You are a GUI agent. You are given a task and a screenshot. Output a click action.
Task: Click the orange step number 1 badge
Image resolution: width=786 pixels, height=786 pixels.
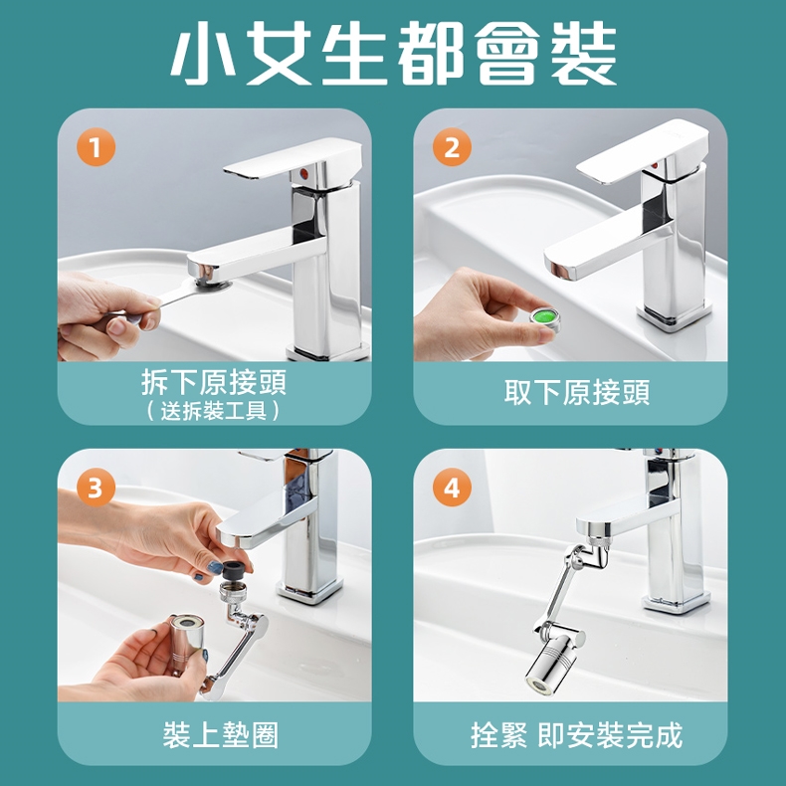(x=96, y=147)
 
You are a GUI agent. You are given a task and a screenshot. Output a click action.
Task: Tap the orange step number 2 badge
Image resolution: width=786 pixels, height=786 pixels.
(x=452, y=147)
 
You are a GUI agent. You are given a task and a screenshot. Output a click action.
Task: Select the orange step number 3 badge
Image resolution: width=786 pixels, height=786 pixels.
(x=96, y=488)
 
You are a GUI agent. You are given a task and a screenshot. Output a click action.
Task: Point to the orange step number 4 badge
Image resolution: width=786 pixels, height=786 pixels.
(x=452, y=488)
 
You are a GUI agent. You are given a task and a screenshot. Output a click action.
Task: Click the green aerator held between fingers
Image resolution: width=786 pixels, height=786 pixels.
(x=544, y=318)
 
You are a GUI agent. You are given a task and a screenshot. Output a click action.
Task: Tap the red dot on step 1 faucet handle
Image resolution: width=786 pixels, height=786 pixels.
(x=302, y=173)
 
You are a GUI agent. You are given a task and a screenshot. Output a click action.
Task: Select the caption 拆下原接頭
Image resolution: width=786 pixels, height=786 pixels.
(x=214, y=382)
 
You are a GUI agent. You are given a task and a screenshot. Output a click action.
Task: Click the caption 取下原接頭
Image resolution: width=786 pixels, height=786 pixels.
(x=577, y=392)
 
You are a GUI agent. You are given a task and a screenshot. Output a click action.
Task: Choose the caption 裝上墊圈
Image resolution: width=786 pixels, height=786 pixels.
(x=221, y=735)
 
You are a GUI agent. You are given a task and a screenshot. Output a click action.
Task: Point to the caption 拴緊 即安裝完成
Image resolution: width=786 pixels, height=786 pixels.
(x=576, y=735)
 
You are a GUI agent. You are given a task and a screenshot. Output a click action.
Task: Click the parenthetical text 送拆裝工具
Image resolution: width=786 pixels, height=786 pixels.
(x=214, y=411)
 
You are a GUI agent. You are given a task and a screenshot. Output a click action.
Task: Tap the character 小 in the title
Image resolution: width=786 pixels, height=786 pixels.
(x=204, y=53)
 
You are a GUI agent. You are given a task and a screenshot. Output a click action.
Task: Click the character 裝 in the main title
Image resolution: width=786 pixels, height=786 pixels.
(x=583, y=53)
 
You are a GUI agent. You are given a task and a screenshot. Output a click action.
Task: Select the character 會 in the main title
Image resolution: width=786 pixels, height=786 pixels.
(x=507, y=53)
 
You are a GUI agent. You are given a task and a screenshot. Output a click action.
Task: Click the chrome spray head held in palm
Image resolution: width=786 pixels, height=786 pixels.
(x=186, y=642)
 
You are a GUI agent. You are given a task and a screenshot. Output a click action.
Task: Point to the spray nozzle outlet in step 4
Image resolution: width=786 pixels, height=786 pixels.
(x=538, y=685)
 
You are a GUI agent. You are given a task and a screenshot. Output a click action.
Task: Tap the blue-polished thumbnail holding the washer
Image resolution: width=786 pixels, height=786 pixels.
(x=215, y=567)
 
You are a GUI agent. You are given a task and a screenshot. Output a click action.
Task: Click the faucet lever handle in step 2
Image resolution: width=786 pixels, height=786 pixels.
(x=642, y=149)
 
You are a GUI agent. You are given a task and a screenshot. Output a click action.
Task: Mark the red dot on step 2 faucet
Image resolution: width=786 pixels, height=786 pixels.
(x=654, y=165)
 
